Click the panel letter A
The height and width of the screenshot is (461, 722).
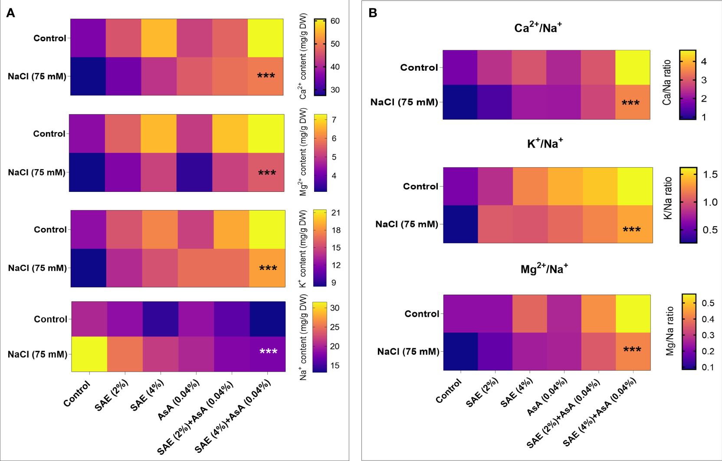tap(10, 13)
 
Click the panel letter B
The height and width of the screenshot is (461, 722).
tap(373, 13)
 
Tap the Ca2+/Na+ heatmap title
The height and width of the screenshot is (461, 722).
tap(538, 28)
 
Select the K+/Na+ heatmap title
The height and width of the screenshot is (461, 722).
tap(545, 144)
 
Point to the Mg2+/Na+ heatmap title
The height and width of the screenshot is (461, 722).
tap(544, 269)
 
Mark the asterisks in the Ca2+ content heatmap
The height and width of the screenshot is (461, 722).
tap(266, 76)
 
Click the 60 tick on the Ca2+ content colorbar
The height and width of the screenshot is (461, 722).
tap(335, 21)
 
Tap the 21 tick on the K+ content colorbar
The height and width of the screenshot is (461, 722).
tap(335, 213)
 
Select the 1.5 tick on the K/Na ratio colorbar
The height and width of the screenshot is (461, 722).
tap(710, 175)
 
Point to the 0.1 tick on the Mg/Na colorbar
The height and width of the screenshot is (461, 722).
tap(708, 367)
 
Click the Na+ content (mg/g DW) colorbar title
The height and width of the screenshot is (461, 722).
tap(303, 337)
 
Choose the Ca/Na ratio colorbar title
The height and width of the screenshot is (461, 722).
tap(667, 82)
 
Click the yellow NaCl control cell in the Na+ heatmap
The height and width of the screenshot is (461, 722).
tap(89, 354)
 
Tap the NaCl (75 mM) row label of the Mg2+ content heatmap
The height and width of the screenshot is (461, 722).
tap(37, 172)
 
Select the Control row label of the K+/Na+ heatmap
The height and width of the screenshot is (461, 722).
tap(420, 186)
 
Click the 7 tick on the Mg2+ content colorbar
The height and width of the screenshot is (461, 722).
tap(334, 120)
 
